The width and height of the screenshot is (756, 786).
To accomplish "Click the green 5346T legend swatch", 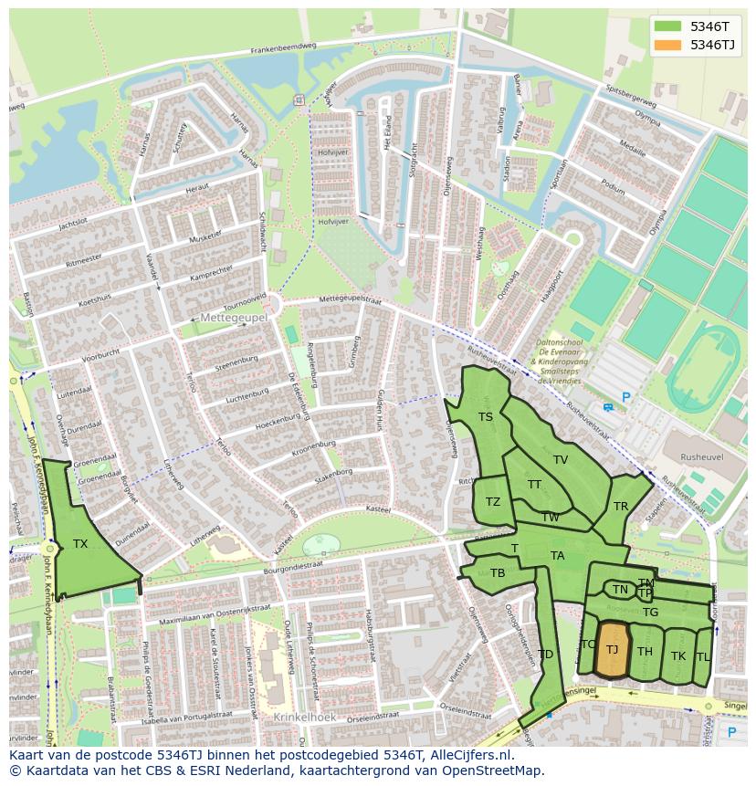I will click(x=667, y=26).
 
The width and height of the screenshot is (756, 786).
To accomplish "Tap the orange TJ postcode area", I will click(x=613, y=649).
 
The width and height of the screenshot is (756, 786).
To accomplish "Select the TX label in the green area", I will click(x=80, y=544).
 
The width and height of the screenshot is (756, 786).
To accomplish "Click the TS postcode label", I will click(x=486, y=417).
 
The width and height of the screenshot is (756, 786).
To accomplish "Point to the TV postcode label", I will click(x=561, y=460).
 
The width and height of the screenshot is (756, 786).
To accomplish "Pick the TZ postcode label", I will click(x=493, y=502).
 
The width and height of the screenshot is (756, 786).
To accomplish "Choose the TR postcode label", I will click(x=621, y=507).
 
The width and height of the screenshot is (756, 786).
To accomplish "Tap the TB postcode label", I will click(x=498, y=573).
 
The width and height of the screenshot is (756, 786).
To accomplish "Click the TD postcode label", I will click(x=545, y=655).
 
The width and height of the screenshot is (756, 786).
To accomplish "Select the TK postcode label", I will click(x=678, y=656).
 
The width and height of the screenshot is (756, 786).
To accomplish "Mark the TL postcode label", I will click(x=703, y=657).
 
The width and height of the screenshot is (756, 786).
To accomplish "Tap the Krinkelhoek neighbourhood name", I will click(x=305, y=718).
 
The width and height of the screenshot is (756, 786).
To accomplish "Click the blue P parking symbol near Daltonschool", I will click(x=625, y=397).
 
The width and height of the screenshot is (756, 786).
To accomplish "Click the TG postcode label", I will click(x=650, y=613).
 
